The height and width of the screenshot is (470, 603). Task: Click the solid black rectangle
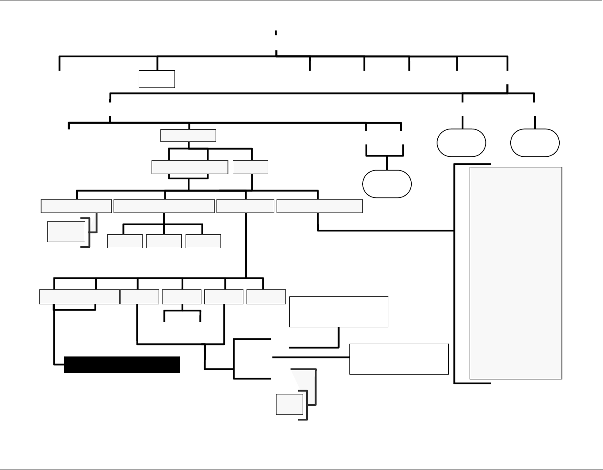pyautogui.click(x=121, y=365)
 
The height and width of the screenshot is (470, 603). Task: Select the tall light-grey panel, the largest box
pyautogui.click(x=516, y=273)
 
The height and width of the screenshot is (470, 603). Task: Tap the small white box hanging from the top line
pyautogui.click(x=156, y=79)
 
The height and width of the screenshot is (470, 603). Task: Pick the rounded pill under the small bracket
pyautogui.click(x=387, y=184)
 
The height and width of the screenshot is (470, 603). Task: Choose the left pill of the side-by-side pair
pyautogui.click(x=461, y=143)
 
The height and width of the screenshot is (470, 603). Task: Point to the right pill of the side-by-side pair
pyautogui.click(x=535, y=143)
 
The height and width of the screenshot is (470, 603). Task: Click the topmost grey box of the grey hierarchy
pyautogui.click(x=188, y=135)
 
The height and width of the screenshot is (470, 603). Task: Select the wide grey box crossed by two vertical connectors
pyautogui.click(x=190, y=167)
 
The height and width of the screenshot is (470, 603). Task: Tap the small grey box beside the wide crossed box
pyautogui.click(x=250, y=167)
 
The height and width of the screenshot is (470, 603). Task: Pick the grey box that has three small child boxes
pyautogui.click(x=164, y=206)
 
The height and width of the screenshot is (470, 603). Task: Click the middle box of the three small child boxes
pyautogui.click(x=164, y=241)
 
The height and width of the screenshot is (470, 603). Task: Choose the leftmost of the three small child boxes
pyautogui.click(x=125, y=241)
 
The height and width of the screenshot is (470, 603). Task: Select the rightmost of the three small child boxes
pyautogui.click(x=203, y=241)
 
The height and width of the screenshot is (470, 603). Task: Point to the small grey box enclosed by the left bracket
pyautogui.click(x=66, y=231)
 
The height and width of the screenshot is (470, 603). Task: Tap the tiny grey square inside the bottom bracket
pyautogui.click(x=289, y=404)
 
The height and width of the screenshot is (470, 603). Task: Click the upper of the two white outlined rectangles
pyautogui.click(x=338, y=312)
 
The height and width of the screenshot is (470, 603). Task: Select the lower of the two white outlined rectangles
pyautogui.click(x=398, y=359)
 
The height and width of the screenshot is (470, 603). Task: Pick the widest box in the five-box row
pyautogui.click(x=80, y=297)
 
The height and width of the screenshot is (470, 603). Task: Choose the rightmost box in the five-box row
pyautogui.click(x=266, y=297)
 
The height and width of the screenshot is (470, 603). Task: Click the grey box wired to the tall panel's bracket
pyautogui.click(x=319, y=206)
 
